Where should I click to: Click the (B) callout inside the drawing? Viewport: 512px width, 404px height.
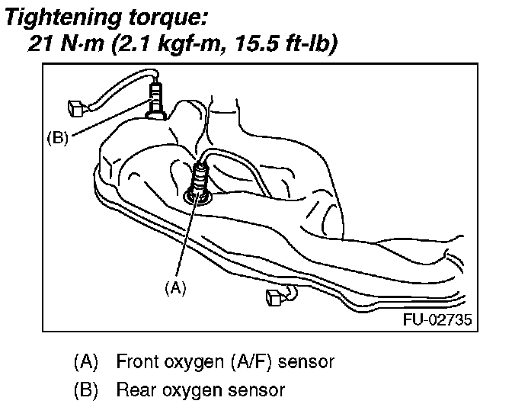58,139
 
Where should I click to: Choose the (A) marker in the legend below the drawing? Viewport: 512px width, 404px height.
85,360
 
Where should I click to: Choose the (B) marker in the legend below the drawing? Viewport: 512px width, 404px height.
85,390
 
